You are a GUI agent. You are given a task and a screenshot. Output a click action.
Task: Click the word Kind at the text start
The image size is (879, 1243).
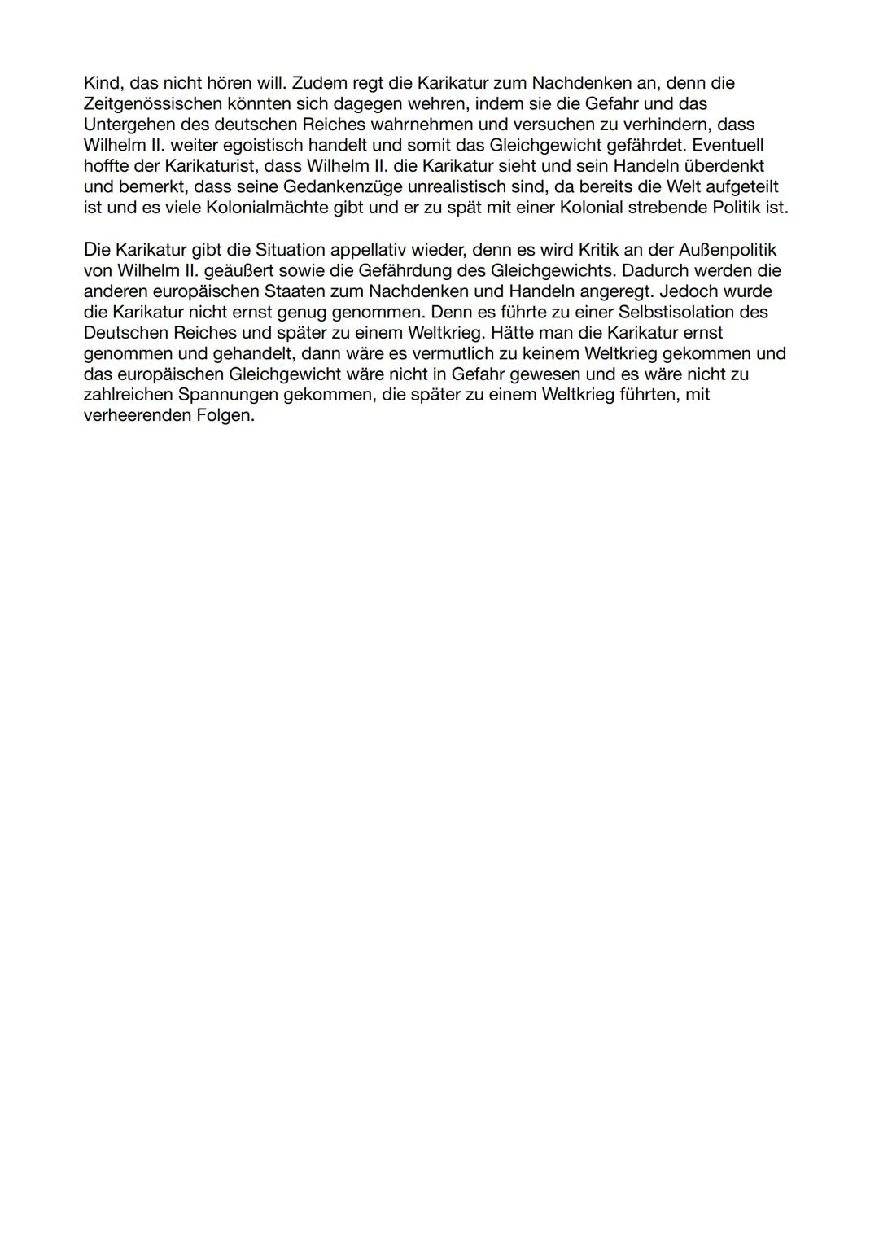(103, 83)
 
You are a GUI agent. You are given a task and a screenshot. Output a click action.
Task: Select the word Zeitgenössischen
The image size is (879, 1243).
(152, 103)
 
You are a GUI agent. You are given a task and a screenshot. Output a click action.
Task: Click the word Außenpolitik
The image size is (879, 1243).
(728, 250)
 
